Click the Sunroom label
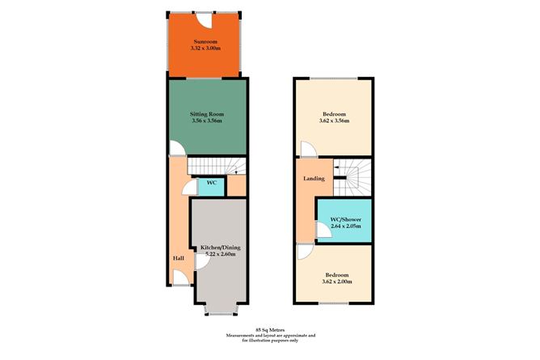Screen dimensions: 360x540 (x=206, y=40)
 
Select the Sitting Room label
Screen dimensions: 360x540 (x=207, y=115)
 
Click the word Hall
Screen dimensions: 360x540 (x=178, y=258)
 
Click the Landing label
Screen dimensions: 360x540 (x=314, y=178)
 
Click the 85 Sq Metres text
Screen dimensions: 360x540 (x=270, y=329)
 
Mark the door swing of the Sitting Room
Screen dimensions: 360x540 (x=175, y=150)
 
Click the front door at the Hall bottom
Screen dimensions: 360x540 (x=182, y=281)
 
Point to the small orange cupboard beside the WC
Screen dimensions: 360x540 (x=236, y=185)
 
